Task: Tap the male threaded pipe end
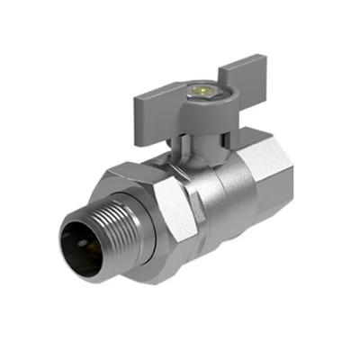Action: pos(90,229)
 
